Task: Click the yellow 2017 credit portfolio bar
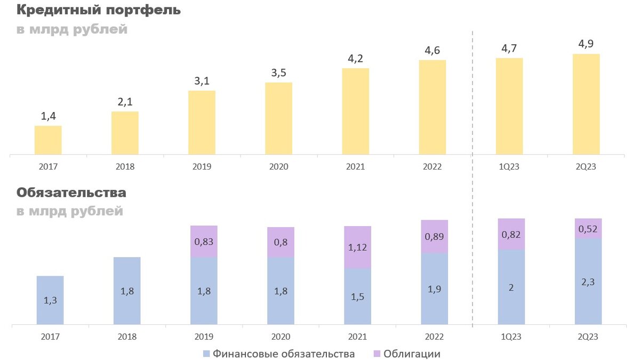click(x=48, y=140)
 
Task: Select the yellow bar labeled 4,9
click(x=586, y=104)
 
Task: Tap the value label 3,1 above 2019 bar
click(x=202, y=81)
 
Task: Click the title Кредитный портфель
click(x=98, y=10)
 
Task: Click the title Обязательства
click(x=71, y=192)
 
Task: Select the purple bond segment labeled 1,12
click(x=357, y=247)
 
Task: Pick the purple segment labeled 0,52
click(x=588, y=228)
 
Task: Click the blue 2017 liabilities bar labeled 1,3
click(x=50, y=300)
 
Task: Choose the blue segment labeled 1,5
click(x=357, y=296)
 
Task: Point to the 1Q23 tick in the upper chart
click(x=509, y=166)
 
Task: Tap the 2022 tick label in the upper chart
click(x=432, y=166)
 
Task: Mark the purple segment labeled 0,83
click(x=204, y=242)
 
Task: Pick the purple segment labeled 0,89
click(x=434, y=236)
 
